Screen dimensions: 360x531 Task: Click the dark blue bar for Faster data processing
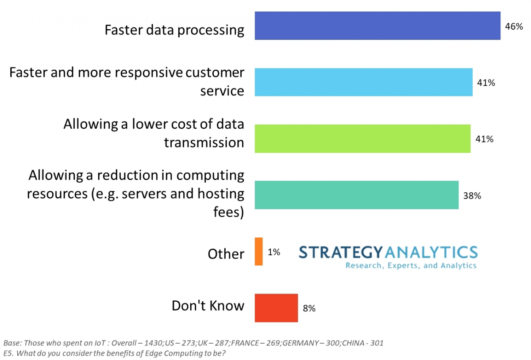[x=377, y=26]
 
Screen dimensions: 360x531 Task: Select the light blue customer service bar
[x=363, y=82]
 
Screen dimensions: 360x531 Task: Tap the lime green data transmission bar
[x=362, y=138]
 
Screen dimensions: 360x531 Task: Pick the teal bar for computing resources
[x=356, y=195]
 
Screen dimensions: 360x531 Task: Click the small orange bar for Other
[x=258, y=252]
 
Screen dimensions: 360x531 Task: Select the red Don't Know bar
[x=276, y=308]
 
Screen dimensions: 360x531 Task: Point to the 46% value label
[x=514, y=26]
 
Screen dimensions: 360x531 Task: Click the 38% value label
[x=472, y=195]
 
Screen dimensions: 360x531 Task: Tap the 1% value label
[x=274, y=252]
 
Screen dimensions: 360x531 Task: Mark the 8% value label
[x=309, y=308]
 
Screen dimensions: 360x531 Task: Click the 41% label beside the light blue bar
[x=486, y=83]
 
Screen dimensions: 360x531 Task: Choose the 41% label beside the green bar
[x=484, y=139]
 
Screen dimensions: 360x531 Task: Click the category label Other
[x=226, y=254]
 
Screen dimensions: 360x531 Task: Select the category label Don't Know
[x=208, y=306]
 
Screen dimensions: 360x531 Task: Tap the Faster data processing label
[x=174, y=30]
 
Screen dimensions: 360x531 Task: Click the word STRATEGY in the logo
[x=339, y=252]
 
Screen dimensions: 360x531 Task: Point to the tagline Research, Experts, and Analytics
[x=411, y=265]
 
